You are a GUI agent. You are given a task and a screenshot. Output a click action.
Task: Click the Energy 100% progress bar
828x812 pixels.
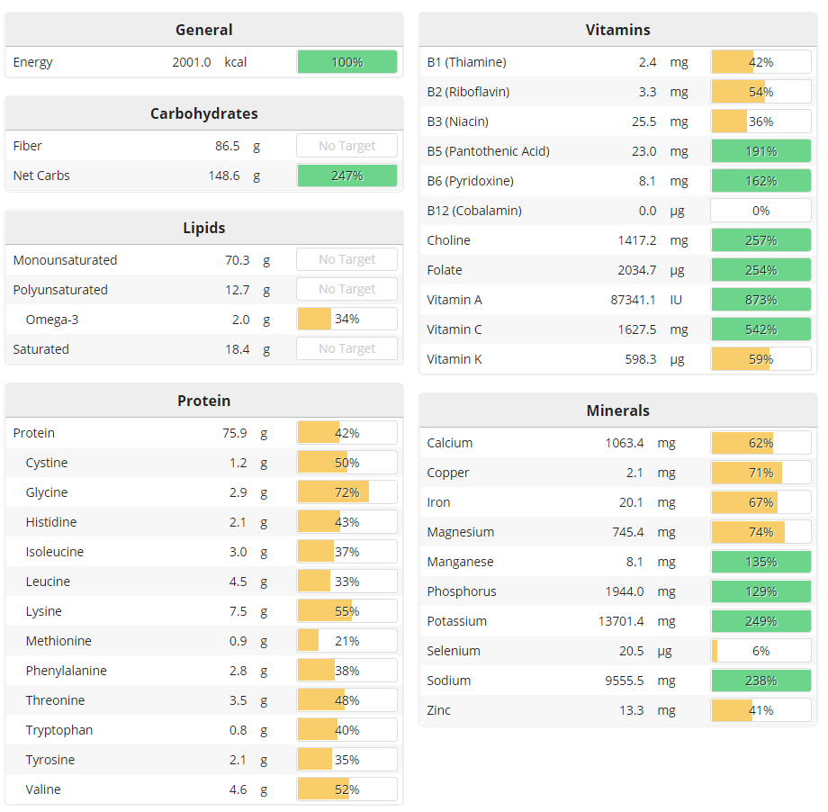[346, 62]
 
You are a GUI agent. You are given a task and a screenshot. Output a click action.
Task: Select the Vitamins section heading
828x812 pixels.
[617, 30]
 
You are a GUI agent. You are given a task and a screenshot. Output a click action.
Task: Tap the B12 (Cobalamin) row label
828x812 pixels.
[474, 211]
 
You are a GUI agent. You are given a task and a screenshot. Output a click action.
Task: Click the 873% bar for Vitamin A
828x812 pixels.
[760, 300]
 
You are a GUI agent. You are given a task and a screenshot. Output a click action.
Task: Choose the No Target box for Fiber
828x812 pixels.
[346, 146]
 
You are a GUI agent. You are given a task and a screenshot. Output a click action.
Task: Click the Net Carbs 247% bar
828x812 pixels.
[346, 176]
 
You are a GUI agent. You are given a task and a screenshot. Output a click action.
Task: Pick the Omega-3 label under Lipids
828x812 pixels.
[52, 320]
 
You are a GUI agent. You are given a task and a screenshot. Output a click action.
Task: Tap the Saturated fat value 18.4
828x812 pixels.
[237, 349]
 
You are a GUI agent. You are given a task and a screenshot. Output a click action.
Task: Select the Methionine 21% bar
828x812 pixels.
[346, 641]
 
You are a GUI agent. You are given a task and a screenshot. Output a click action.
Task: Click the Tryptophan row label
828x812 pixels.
[59, 730]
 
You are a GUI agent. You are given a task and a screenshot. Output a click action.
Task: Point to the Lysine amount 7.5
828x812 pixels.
[238, 611]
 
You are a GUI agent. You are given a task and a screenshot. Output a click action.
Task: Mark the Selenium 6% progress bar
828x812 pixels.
[760, 651]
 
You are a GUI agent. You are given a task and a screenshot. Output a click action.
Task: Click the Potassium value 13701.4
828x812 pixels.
[635, 621]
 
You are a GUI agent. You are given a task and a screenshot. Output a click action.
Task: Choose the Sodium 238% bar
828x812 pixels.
[760, 681]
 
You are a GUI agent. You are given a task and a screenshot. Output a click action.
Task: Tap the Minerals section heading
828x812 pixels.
[617, 411]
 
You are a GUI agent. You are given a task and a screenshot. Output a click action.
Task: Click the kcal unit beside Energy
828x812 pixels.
[236, 62]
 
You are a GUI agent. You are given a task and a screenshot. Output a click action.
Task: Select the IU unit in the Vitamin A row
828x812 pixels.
[676, 300]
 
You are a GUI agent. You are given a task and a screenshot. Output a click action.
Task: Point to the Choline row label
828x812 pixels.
[448, 240]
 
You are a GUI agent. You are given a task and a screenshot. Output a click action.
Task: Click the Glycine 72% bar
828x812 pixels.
[346, 492]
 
